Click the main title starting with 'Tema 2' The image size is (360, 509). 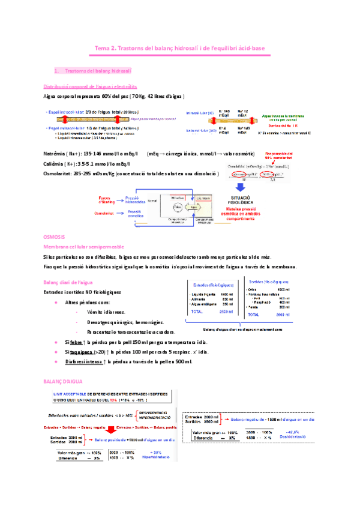[x=180, y=47]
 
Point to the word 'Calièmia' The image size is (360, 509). [x=55, y=164]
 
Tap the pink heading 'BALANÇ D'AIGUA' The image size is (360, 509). [x=64, y=381]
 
